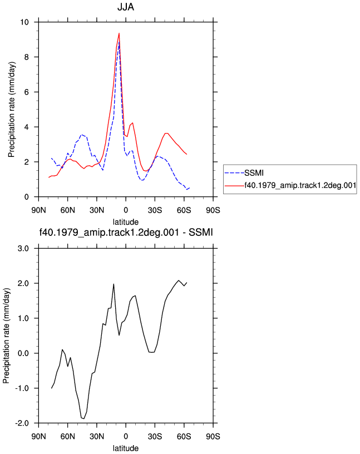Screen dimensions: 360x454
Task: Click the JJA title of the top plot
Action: click(126, 7)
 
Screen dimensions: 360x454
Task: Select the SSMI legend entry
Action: click(254, 173)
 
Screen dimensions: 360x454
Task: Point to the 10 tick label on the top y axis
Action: click(24, 22)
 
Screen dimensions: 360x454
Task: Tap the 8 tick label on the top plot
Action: click(27, 57)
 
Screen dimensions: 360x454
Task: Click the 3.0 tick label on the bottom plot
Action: click(23, 249)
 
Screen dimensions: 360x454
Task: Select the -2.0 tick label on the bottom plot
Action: click(22, 423)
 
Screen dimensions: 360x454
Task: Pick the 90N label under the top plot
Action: click(38, 210)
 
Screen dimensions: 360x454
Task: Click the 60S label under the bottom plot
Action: click(184, 436)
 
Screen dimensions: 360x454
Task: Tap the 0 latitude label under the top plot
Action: click(126, 210)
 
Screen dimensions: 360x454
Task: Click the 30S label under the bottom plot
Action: click(155, 436)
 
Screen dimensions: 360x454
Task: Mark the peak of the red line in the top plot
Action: click(119, 33)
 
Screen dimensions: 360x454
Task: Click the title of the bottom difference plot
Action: click(126, 232)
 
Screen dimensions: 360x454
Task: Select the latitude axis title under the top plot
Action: click(126, 222)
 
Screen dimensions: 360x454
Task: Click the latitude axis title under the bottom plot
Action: click(126, 448)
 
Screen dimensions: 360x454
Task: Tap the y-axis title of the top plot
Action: click(11, 110)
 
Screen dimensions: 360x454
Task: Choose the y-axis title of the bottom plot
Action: click(6, 335)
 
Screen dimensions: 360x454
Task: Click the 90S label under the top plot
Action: click(213, 210)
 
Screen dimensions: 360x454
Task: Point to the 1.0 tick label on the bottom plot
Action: click(23, 318)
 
